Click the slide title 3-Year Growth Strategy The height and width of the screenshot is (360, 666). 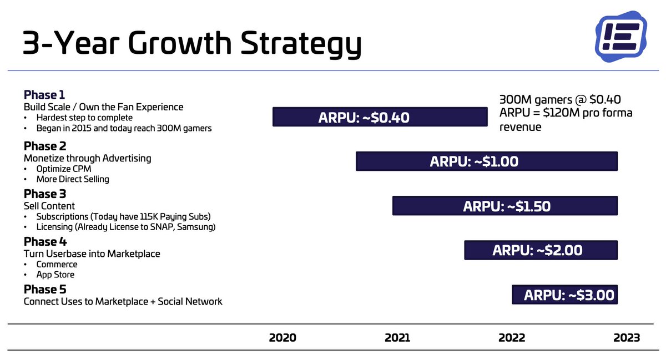pos(191,44)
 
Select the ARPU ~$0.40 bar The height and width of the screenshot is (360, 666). pos(380,117)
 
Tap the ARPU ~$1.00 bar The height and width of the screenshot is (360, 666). pos(486,161)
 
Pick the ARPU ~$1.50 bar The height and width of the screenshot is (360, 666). pos(504,206)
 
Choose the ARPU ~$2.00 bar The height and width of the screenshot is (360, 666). pos(541,250)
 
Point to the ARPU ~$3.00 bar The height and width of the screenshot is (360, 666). pos(564,295)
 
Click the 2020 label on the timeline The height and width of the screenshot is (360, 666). pos(282,338)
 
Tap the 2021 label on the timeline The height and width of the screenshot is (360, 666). pos(397,338)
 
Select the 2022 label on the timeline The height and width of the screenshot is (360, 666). pos(512,338)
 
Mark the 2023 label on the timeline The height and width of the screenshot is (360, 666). pos(627,338)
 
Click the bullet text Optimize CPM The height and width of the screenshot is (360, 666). pos(64,169)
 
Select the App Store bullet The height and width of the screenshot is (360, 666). pos(56,275)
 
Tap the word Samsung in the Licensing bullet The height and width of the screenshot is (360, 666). pos(196,227)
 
